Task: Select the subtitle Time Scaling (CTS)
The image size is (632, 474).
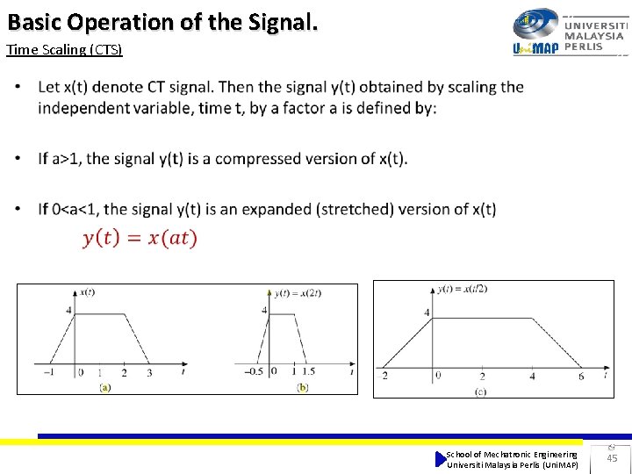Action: [x=65, y=50]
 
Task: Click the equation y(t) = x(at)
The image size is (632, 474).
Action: [x=140, y=238]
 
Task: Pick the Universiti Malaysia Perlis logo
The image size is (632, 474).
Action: [x=570, y=32]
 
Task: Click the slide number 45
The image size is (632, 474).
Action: [x=612, y=458]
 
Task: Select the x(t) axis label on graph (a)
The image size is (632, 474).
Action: [x=87, y=292]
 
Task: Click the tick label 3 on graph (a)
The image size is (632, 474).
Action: [x=148, y=373]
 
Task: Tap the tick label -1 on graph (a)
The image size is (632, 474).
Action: [x=50, y=373]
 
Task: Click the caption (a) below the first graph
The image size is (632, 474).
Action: [x=105, y=386]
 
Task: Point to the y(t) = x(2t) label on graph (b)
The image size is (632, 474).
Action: [x=298, y=293]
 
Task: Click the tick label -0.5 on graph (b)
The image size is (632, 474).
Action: [x=253, y=372]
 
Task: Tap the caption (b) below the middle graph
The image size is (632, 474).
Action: [x=303, y=386]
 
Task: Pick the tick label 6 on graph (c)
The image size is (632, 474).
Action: [x=580, y=377]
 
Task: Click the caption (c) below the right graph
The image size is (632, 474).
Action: [x=480, y=391]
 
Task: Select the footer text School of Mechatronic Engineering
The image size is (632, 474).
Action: [x=512, y=454]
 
